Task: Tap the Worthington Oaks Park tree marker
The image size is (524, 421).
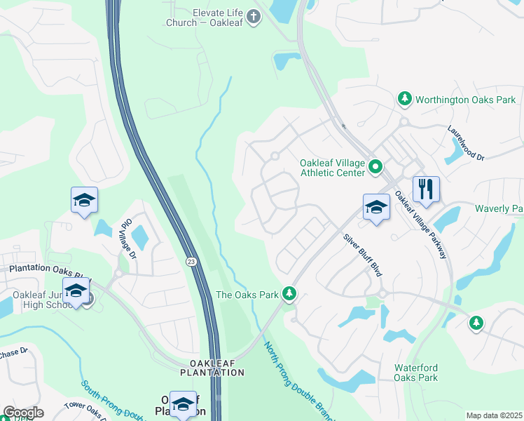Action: [x=404, y=100]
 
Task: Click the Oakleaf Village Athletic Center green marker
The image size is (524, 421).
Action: [x=375, y=168]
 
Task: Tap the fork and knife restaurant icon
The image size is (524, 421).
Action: [x=426, y=189]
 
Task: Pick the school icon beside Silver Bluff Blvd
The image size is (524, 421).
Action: [x=376, y=207]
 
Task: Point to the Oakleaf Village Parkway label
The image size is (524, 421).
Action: [x=420, y=225]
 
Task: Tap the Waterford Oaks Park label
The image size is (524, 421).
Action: [x=415, y=373]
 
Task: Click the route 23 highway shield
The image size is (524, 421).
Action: [x=191, y=261]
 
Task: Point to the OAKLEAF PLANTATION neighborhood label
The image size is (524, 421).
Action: [x=212, y=367]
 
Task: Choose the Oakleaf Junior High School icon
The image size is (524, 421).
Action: [x=76, y=290]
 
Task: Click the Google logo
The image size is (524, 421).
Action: [x=23, y=413]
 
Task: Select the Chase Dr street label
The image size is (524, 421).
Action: [x=14, y=351]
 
